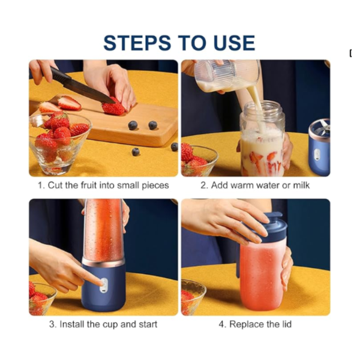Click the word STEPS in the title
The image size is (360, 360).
(x=137, y=43)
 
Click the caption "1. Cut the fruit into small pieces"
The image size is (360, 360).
(x=103, y=185)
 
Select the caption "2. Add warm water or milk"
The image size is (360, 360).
(x=255, y=185)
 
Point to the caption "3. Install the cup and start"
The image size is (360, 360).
(x=103, y=325)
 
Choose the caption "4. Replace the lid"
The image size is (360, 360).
(x=255, y=324)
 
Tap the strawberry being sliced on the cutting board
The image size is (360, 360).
(x=113, y=107)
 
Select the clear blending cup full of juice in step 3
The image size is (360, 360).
(x=104, y=231)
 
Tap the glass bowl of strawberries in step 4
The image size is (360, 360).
(x=193, y=298)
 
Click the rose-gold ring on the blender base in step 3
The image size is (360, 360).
(x=103, y=262)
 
